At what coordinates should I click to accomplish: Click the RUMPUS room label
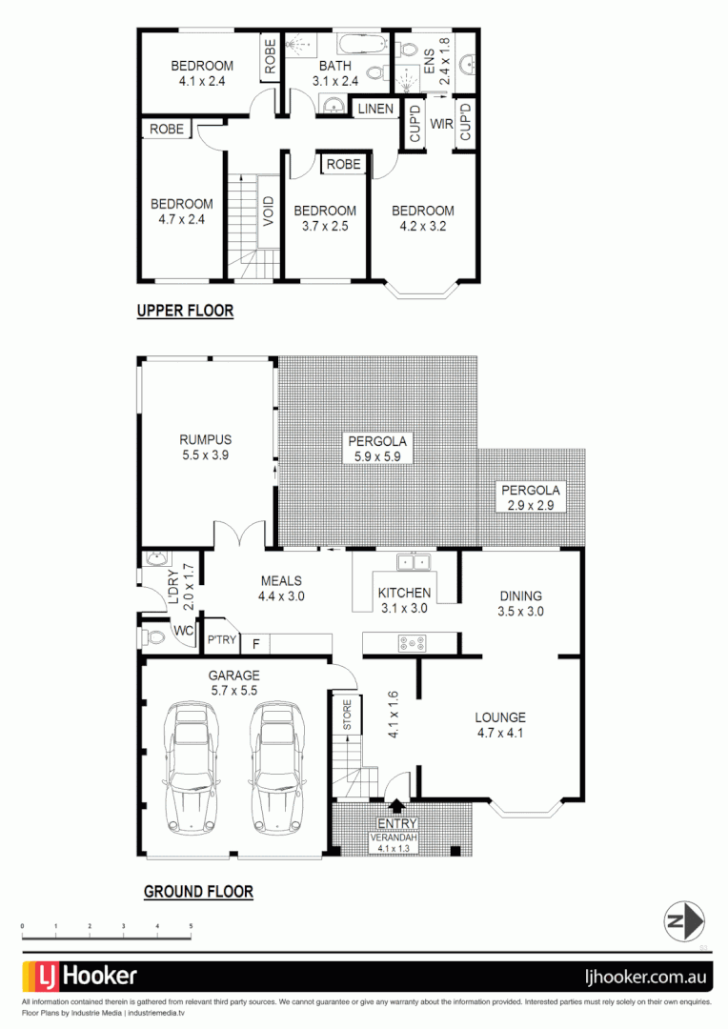click(x=205, y=440)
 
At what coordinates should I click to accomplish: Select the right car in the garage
click(x=276, y=768)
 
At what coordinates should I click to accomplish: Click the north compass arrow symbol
click(x=684, y=921)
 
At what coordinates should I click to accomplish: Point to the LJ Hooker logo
click(x=80, y=976)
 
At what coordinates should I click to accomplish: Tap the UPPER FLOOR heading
click(x=185, y=311)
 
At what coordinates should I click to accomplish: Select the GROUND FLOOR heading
click(x=198, y=892)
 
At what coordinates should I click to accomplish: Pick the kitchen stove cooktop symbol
click(x=410, y=645)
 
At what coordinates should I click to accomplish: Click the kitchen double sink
click(x=415, y=562)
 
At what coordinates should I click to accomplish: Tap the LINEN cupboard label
click(x=375, y=110)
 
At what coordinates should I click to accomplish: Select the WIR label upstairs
click(x=441, y=123)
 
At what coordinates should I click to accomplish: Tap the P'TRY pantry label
click(x=221, y=640)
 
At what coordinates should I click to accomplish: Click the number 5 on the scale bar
click(x=191, y=925)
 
